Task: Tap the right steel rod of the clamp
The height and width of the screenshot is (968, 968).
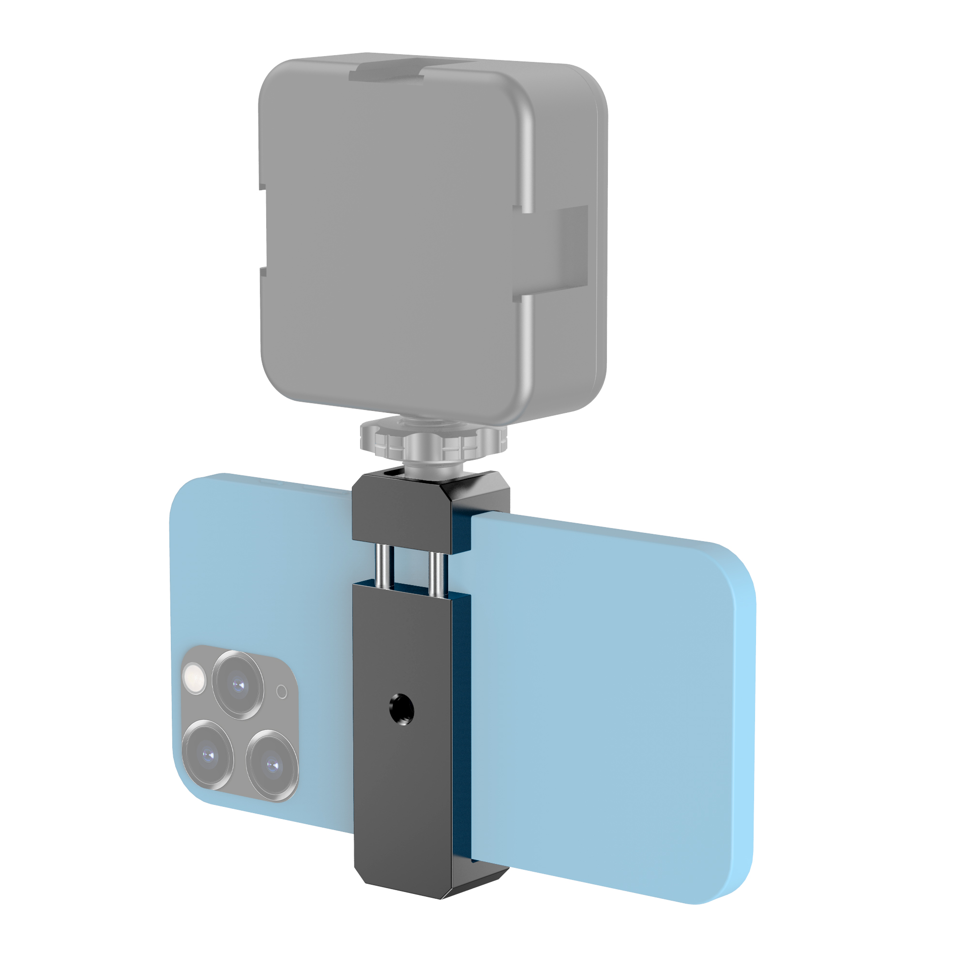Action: tap(436, 574)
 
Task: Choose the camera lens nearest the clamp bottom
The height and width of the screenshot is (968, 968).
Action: tap(272, 765)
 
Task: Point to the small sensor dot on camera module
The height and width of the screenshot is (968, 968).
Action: tap(282, 693)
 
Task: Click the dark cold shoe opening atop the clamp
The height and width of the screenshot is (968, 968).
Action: tap(396, 472)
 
